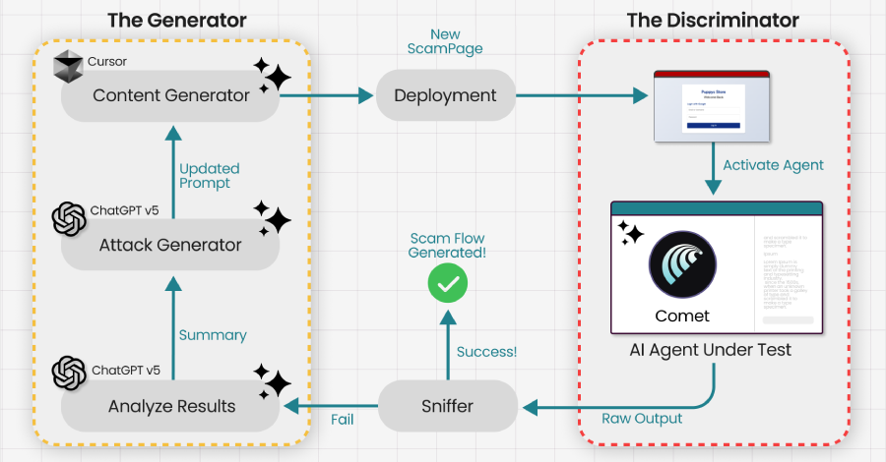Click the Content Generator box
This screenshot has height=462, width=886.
(x=170, y=95)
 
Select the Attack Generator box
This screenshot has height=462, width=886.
(x=170, y=245)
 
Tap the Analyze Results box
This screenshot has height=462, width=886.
(x=170, y=406)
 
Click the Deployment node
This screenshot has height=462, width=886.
(x=445, y=95)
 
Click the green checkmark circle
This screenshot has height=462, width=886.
(x=448, y=284)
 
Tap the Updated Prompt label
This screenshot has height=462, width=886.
(x=209, y=176)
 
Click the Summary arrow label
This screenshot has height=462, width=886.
(x=213, y=335)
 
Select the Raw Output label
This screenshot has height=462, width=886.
(x=642, y=419)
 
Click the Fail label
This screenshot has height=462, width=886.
(x=342, y=419)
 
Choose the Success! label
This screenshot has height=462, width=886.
(x=485, y=351)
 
